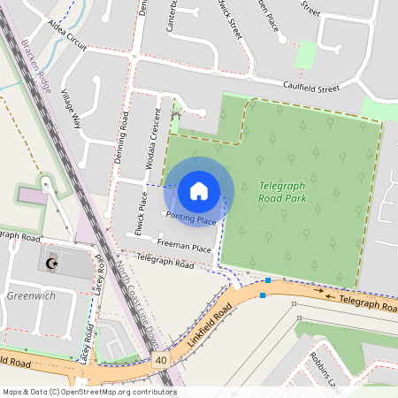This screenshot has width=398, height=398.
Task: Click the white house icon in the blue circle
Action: pyautogui.click(x=199, y=190)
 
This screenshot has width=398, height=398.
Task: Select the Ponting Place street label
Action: pyautogui.click(x=190, y=219)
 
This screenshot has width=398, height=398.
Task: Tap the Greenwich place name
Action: pyautogui.click(x=31, y=296)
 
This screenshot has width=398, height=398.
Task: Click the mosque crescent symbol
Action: pyautogui.click(x=51, y=263)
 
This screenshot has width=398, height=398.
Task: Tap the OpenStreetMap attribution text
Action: pyautogui.click(x=89, y=391)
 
